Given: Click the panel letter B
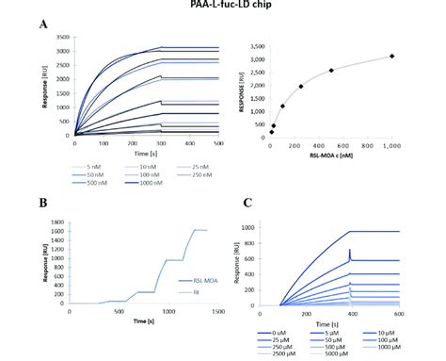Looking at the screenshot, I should pos(43,202).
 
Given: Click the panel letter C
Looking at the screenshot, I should pos(247,202).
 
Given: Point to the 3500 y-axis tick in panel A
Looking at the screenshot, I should pos(60,39).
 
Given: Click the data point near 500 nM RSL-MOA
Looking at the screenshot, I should pos(331,71).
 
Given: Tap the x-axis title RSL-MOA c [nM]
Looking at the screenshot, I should pos(333,157).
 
